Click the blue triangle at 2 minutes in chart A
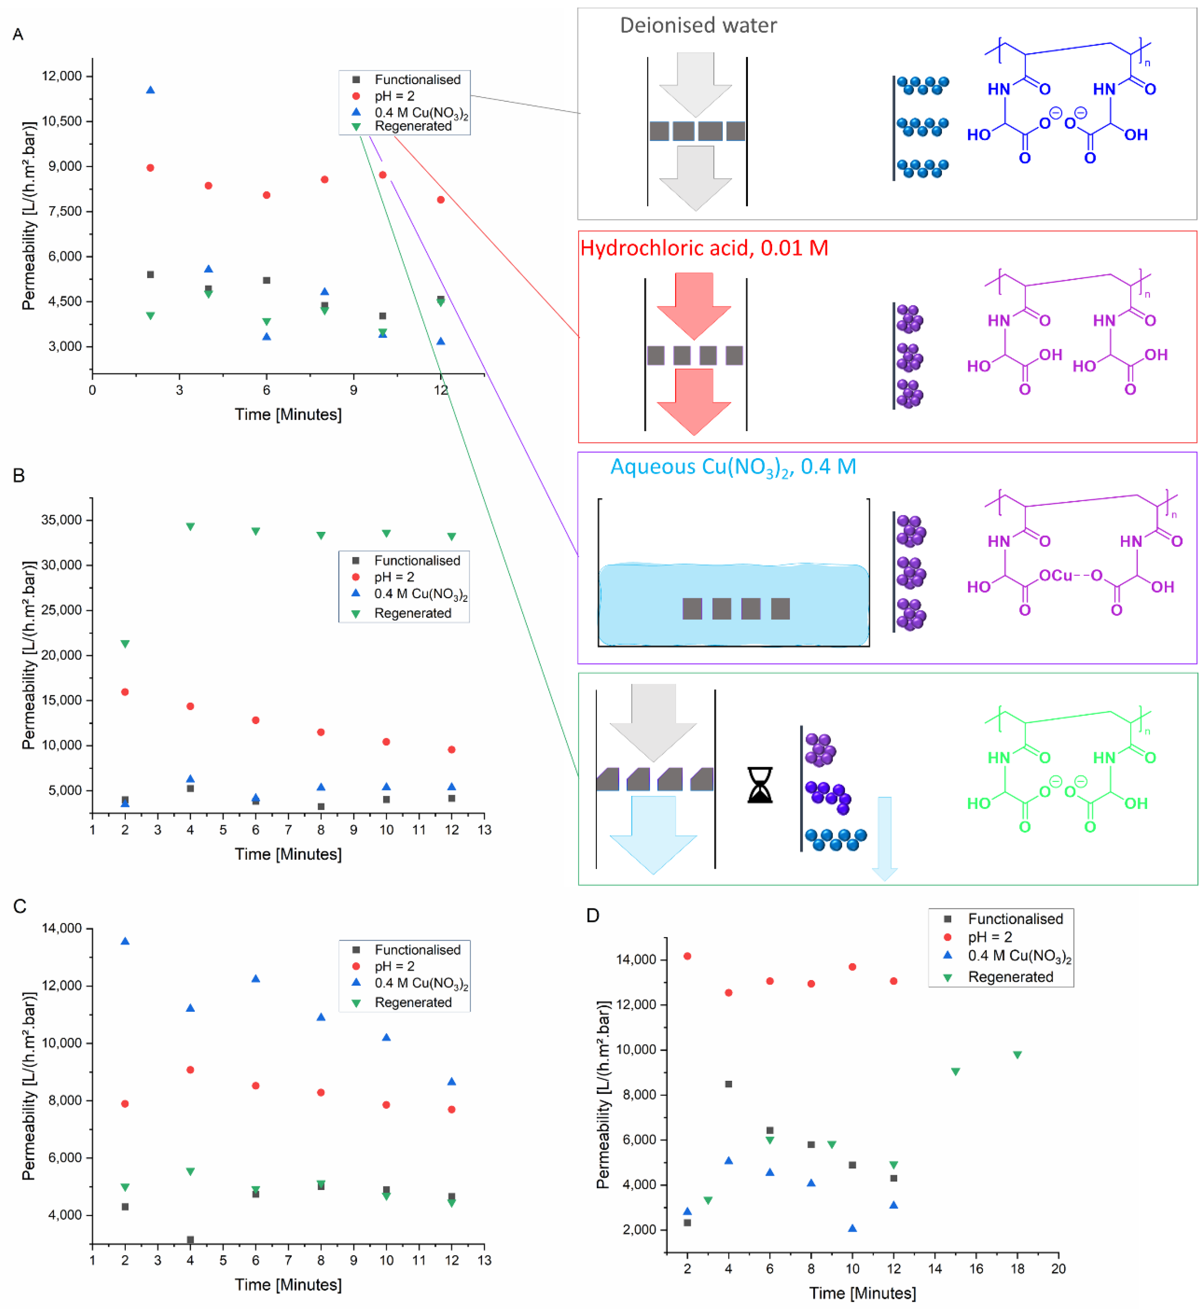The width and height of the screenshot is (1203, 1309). pyautogui.click(x=150, y=90)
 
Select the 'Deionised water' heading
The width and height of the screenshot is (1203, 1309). pyautogui.click(x=698, y=25)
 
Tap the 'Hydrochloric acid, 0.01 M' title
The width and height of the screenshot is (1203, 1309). pyautogui.click(x=704, y=248)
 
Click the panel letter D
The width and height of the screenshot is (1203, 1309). pyautogui.click(x=592, y=915)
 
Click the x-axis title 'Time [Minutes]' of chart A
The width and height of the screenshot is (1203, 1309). pyautogui.click(x=288, y=414)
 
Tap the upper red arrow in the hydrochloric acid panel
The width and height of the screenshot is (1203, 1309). pyautogui.click(x=694, y=305)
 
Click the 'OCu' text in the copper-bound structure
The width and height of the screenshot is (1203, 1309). pyautogui.click(x=1055, y=575)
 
